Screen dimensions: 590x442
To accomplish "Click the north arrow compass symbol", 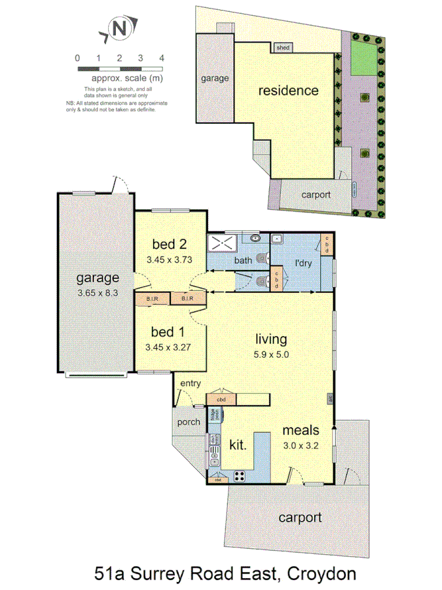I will (119, 28).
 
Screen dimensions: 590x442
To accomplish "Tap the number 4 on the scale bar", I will (161, 58).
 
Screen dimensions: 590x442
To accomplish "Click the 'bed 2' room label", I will (169, 245).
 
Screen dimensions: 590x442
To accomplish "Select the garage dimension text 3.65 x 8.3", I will (96, 293).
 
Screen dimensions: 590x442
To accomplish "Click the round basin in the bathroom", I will (255, 237).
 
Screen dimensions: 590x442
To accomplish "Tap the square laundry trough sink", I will (277, 239).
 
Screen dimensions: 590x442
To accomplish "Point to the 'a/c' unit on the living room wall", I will (331, 398).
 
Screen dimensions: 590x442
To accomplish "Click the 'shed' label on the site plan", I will (283, 48).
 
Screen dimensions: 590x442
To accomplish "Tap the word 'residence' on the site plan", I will (288, 90).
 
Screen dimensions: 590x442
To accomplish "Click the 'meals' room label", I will (301, 431).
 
